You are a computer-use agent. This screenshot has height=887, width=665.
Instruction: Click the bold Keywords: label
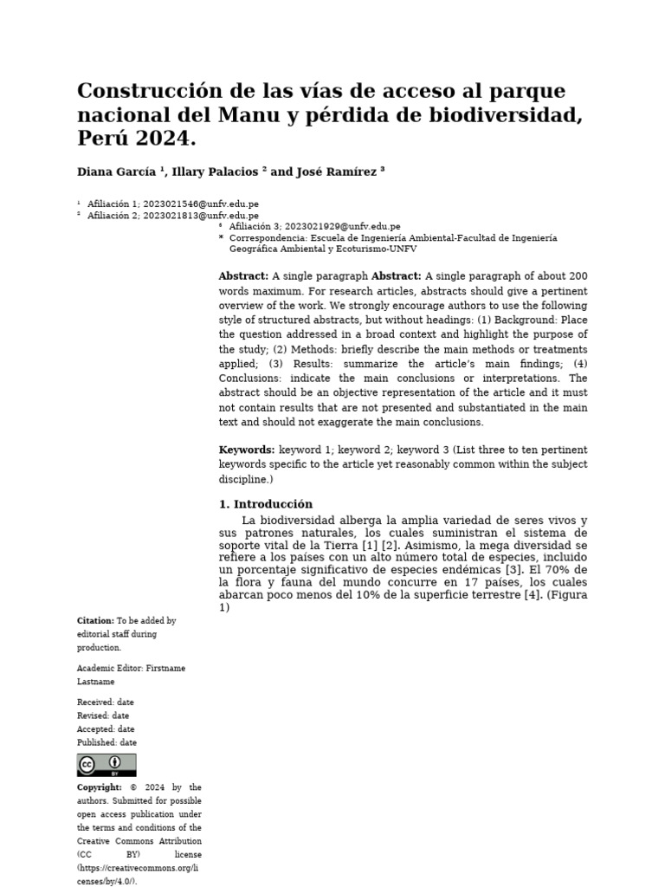(247, 450)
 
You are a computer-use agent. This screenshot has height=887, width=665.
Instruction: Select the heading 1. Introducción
(266, 504)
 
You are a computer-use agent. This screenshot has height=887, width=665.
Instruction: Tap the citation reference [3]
(513, 570)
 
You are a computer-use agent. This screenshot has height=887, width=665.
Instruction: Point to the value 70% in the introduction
(561, 570)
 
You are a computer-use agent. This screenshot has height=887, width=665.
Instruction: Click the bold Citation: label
(95, 621)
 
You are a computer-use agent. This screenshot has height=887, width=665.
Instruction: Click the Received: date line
(106, 702)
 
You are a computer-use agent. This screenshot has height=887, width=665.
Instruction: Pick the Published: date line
(107, 742)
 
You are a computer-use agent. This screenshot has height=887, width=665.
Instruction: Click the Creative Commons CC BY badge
(107, 765)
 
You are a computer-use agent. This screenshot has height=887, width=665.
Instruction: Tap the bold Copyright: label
(100, 787)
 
